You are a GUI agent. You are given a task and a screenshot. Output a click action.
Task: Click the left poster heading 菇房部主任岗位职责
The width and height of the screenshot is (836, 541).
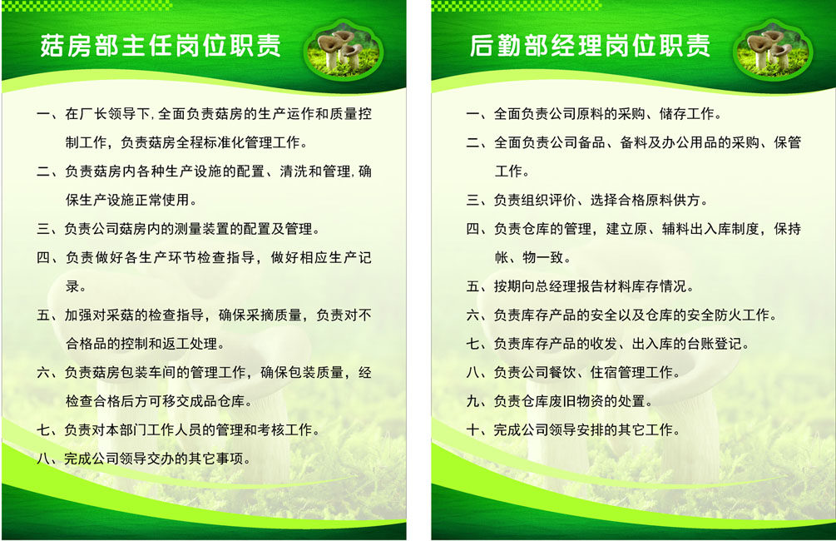tap(161, 46)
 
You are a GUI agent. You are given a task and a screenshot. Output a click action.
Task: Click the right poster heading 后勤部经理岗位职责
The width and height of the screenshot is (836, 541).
tap(590, 46)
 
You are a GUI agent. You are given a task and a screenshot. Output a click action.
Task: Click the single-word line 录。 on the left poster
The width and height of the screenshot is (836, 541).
tap(76, 286)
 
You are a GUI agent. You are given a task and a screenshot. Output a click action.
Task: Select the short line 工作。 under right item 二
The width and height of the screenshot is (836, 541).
tap(512, 171)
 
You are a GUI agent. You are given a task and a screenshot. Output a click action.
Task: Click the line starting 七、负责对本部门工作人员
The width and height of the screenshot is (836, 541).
tap(179, 430)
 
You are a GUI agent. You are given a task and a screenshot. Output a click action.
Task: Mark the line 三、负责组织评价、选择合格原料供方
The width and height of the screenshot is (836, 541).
tap(587, 200)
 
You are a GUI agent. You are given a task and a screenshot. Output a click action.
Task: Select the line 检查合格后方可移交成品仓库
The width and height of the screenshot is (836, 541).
tap(160, 401)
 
